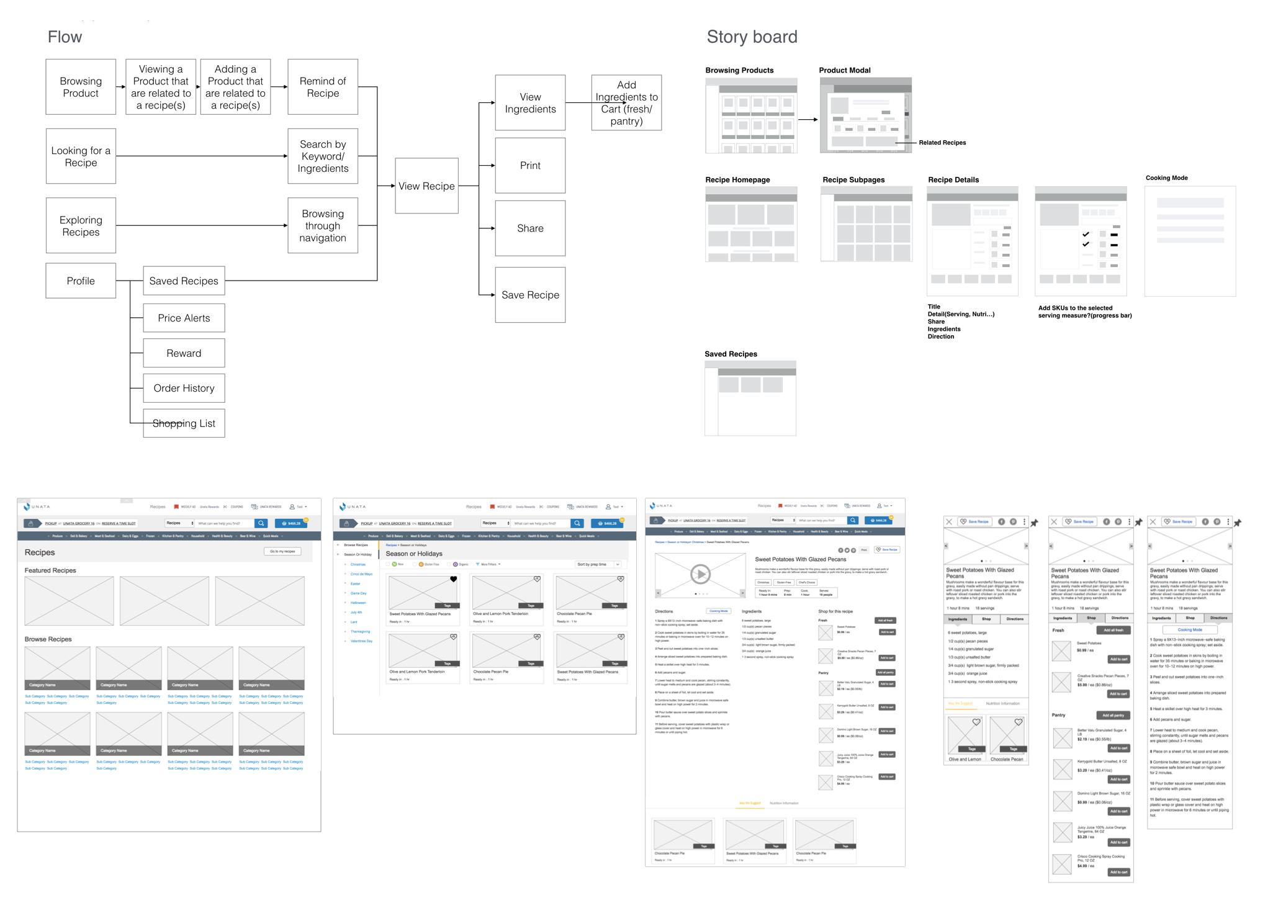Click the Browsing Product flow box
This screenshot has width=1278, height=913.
pyautogui.click(x=81, y=87)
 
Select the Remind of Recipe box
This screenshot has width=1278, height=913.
pyautogui.click(x=323, y=87)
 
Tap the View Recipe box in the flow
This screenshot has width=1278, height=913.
pyautogui.click(x=426, y=186)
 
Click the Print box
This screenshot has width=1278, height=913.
pyautogui.click(x=530, y=165)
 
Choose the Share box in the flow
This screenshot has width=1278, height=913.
pyautogui.click(x=530, y=228)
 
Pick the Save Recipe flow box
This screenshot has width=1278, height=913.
pyautogui.click(x=530, y=295)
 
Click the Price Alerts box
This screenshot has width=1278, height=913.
pyautogui.click(x=184, y=318)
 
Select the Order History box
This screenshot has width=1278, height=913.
pyautogui.click(x=184, y=388)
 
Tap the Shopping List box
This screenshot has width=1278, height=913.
pyautogui.click(x=184, y=423)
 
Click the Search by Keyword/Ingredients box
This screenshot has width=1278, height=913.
pyautogui.click(x=323, y=156)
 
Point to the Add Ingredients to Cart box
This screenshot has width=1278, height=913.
pyautogui.click(x=626, y=102)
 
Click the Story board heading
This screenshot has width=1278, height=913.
pyautogui.click(x=752, y=37)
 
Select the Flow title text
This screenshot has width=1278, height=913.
pyautogui.click(x=65, y=37)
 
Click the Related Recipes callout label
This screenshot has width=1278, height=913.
pyautogui.click(x=942, y=143)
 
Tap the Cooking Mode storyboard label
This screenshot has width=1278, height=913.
pyautogui.click(x=1166, y=178)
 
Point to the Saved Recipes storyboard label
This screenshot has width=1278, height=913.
pyautogui.click(x=731, y=354)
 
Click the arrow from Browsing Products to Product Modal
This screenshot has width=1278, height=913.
pyautogui.click(x=808, y=120)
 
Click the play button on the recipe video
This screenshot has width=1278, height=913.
pyautogui.click(x=700, y=574)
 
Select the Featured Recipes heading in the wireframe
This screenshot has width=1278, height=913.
pyautogui.click(x=50, y=570)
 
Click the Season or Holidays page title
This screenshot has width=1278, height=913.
pyautogui.click(x=414, y=554)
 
